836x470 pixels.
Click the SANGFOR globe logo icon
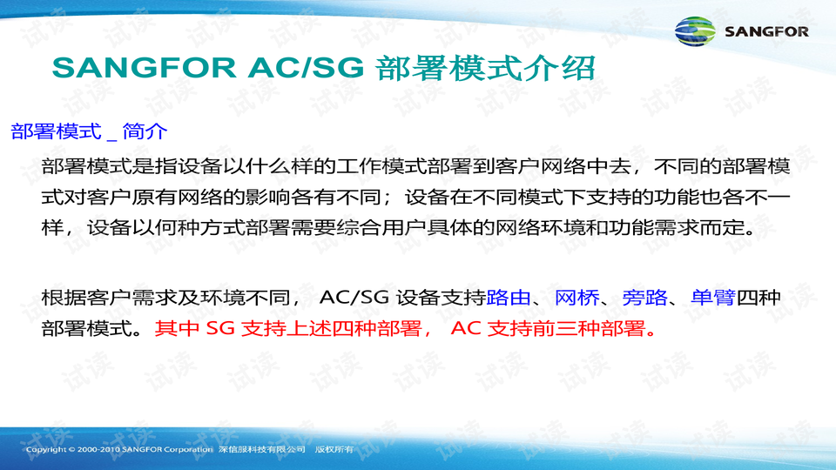click(698, 31)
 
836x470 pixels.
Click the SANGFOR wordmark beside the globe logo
click(765, 32)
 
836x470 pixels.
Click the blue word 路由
click(509, 298)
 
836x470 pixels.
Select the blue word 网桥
click(576, 298)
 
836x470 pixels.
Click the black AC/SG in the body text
click(354, 298)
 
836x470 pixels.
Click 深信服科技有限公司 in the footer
click(261, 449)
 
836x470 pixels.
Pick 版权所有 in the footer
click(334, 449)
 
